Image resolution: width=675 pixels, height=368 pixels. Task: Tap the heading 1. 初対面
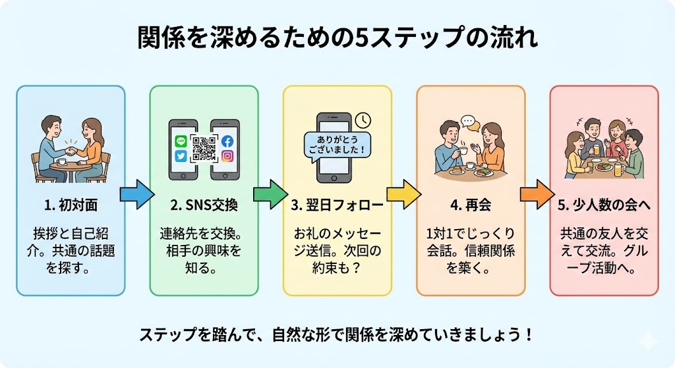click(71, 205)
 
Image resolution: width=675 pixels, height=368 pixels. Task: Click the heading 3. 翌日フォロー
click(337, 205)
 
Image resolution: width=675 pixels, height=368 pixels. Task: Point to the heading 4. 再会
click(470, 205)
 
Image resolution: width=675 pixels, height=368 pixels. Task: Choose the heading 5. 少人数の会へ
click(604, 205)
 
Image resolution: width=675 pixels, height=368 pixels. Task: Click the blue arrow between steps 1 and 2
click(136, 194)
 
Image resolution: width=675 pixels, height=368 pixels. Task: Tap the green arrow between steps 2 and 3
click(270, 194)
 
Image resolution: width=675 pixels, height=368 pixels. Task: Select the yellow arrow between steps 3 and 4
click(403, 194)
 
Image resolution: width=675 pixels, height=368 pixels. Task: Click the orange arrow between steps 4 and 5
click(537, 194)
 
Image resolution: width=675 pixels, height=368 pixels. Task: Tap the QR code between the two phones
click(204, 149)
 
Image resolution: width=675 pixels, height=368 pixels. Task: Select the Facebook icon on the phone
click(227, 141)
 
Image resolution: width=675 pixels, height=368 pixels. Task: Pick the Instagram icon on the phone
click(227, 157)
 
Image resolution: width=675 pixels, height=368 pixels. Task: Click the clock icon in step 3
click(362, 120)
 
